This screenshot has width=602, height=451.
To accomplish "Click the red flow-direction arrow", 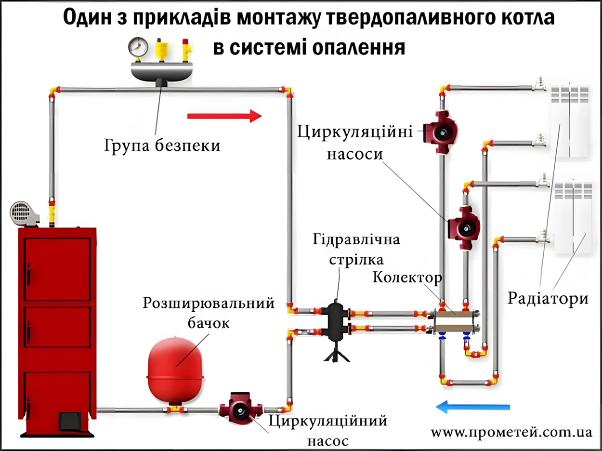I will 224,116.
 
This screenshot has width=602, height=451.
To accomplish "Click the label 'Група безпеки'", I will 162,145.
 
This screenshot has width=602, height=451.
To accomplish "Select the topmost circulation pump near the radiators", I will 439,130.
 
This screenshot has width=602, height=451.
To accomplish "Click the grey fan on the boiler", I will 23,212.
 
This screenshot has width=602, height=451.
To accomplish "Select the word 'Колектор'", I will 406,279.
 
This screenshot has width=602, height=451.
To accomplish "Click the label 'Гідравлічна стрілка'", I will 357,249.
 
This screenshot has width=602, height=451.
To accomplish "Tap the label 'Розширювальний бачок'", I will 209,312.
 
